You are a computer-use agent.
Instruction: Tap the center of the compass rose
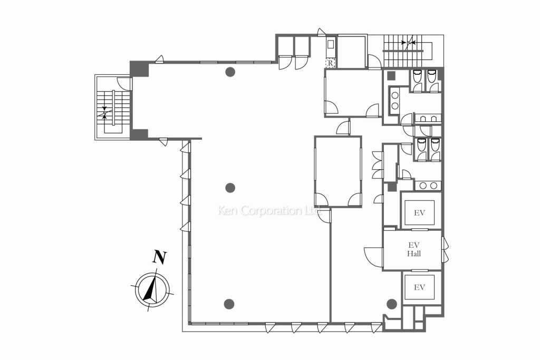tap(153, 289)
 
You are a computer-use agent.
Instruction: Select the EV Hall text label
tap(414, 249)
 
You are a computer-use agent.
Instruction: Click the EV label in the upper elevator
tap(419, 213)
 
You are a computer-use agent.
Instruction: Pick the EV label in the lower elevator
tap(419, 287)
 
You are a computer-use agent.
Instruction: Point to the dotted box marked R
tap(330, 63)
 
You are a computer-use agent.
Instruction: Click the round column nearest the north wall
tap(230, 73)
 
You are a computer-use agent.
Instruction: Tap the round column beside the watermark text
tap(230, 187)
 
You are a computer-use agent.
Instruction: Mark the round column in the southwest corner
tap(229, 303)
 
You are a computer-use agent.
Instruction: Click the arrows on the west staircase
tap(105, 112)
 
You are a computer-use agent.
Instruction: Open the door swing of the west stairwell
tap(124, 83)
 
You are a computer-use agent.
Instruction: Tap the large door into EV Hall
tap(373, 256)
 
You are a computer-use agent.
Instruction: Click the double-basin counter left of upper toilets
tap(394, 100)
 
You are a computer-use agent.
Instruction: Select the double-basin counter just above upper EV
tap(427, 185)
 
